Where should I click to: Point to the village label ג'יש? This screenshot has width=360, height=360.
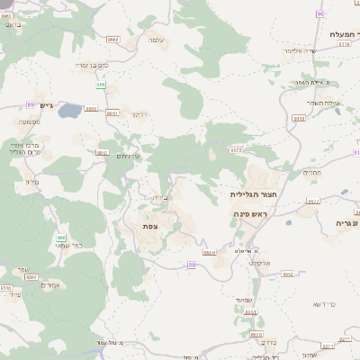click(48, 106)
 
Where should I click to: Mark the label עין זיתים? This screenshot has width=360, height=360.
click(132, 156)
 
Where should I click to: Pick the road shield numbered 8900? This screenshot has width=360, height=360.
click(210, 254)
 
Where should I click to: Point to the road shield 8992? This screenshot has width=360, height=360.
click(31, 278)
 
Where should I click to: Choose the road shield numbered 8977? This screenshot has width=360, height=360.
click(313, 202)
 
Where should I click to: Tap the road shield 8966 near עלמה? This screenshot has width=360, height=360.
click(112, 40)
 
